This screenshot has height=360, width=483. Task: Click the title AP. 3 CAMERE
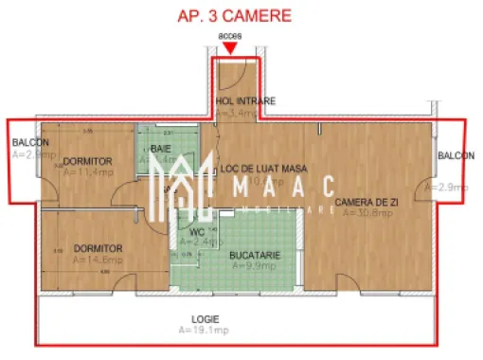click(235, 16)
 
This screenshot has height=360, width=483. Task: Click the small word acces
click(229, 37)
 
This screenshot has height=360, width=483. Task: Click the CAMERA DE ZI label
click(367, 202)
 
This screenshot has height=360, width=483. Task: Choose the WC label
click(197, 230)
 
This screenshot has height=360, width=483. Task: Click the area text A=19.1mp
click(202, 333)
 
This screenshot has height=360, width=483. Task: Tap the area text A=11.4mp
click(88, 172)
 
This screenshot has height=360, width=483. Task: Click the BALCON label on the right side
click(456, 155)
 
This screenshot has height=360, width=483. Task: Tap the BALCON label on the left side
click(31, 144)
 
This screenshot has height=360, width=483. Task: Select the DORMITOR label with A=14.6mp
click(98, 247)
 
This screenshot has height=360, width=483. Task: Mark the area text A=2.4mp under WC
click(197, 242)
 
